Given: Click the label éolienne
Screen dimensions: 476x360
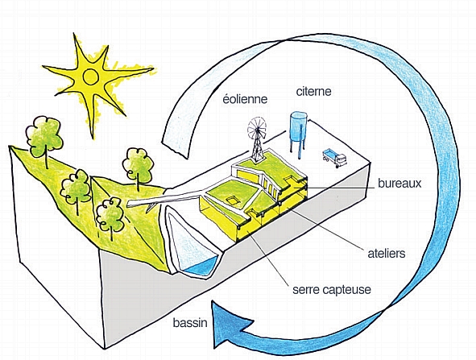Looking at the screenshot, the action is (245, 99).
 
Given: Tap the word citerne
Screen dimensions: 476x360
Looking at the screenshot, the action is (313, 91).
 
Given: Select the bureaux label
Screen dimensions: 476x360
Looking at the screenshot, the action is (399, 184).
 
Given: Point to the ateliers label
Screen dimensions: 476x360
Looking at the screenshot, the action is (387, 253).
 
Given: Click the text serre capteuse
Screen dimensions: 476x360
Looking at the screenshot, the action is (332, 289).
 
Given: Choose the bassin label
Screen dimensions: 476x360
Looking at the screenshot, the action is (190, 322).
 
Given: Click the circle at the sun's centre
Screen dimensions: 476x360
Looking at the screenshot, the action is (90, 77).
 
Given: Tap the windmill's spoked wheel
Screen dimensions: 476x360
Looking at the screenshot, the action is (257, 128).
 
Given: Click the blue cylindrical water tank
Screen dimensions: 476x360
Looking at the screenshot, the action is (299, 126).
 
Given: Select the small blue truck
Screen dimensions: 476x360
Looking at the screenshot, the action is (334, 158).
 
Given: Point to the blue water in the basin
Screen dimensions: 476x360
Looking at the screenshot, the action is (201, 267).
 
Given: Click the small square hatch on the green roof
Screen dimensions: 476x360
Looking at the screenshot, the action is (233, 201).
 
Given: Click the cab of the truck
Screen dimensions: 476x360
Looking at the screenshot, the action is (341, 160).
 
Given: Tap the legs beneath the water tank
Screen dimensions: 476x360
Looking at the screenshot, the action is (298, 149).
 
